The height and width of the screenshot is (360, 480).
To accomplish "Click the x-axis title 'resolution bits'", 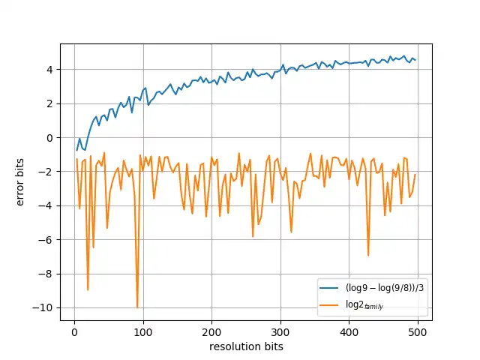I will (246, 346).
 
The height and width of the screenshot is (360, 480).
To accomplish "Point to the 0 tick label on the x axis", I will (74, 331).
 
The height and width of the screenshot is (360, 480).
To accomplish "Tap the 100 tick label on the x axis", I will (143, 331).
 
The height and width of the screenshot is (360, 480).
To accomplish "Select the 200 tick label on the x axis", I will (212, 331).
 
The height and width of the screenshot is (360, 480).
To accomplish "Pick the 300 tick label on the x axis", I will (280, 331).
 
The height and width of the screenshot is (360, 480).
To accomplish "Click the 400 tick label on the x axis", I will (349, 331).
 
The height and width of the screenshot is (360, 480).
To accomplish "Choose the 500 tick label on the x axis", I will (418, 331).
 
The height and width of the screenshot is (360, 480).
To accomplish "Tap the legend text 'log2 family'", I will (364, 305).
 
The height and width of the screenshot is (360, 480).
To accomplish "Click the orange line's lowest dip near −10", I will (137, 307).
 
